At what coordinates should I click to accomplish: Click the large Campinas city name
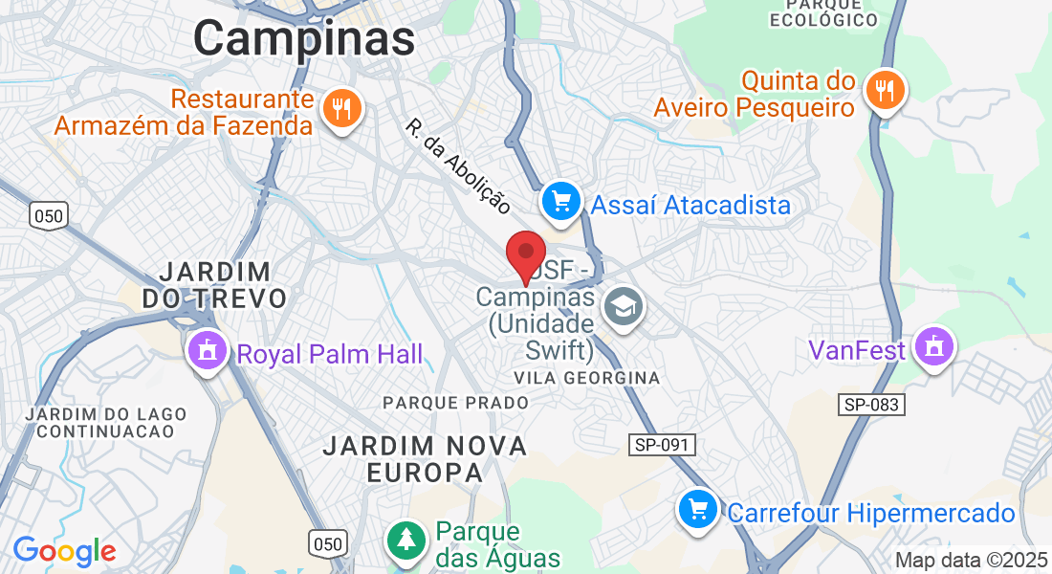[304, 39]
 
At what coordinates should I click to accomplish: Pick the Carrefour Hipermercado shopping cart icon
[698, 509]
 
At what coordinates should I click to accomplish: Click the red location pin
[525, 254]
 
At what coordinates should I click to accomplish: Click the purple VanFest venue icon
[933, 346]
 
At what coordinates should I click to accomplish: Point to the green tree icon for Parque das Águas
[407, 540]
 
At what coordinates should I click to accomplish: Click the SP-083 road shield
[871, 405]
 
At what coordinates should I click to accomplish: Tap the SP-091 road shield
[662, 445]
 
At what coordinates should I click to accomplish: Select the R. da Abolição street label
[458, 166]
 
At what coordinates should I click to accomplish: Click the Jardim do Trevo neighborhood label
[214, 284]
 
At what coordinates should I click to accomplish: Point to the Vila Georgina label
[586, 378]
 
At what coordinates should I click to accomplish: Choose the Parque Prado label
[455, 403]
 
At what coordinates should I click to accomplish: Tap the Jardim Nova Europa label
[425, 459]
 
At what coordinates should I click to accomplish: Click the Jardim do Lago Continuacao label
[100, 422]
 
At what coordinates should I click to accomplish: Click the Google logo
[64, 551]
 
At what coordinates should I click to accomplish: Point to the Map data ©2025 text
[971, 561]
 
